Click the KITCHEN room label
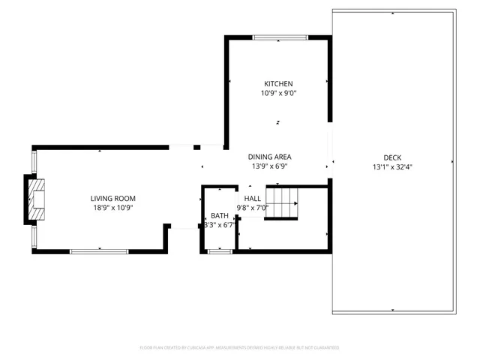coord(277,84)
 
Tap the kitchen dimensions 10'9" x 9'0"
coord(277,94)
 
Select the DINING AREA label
coord(269,157)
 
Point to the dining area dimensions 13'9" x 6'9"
coord(269,166)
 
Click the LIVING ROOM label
coord(108,198)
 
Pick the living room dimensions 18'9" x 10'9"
coord(108,208)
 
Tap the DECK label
coord(392,157)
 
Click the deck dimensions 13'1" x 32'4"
coord(392,167)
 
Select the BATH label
coord(219,215)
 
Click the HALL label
coord(252,199)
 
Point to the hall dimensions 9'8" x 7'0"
coord(252,208)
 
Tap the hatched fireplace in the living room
coord(36,199)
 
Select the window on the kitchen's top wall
coord(279,37)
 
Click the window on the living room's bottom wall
coord(97,250)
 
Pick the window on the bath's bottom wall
coord(219,251)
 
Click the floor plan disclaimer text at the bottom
coord(239,348)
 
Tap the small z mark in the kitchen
coord(277,122)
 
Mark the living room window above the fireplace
coord(33,161)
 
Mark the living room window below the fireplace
coord(33,236)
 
